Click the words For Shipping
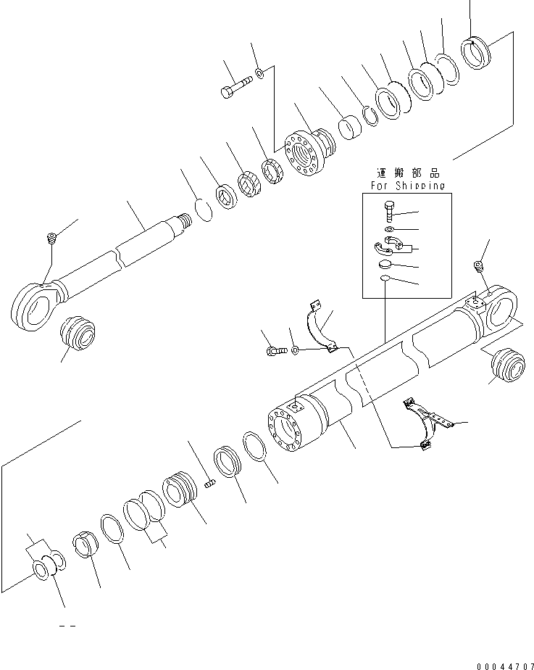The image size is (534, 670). (x=407, y=186)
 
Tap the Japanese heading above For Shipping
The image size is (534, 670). (x=407, y=174)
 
